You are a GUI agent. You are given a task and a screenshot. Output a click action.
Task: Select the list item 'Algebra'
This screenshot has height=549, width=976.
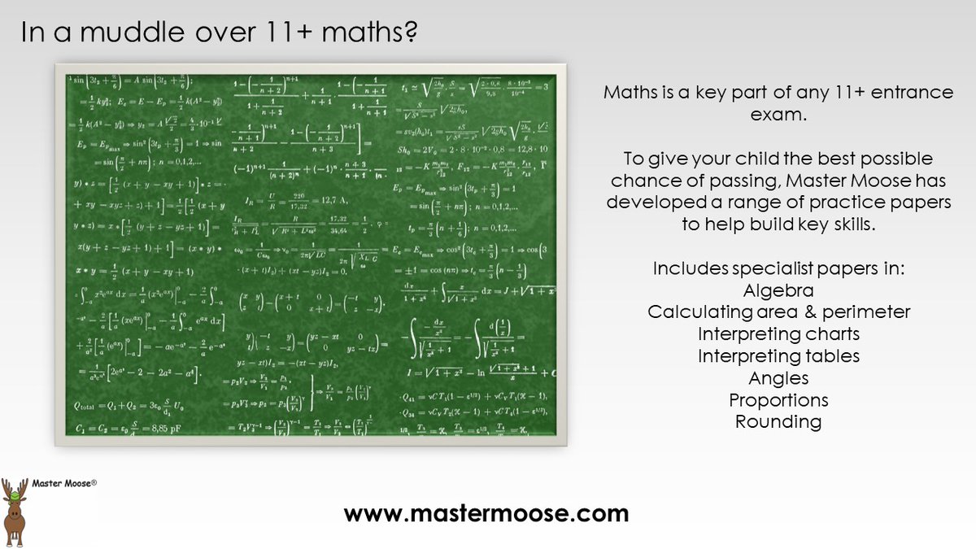[x=778, y=290]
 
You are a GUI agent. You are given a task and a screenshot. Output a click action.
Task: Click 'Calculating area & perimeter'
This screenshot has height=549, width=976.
[x=778, y=312]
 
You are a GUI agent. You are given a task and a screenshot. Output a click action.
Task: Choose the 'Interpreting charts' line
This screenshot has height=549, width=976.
[x=778, y=334]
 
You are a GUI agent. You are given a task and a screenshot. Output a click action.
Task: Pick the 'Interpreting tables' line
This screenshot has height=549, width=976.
[x=778, y=356]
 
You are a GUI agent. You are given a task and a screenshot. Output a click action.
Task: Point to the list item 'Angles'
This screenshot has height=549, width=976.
[x=778, y=378]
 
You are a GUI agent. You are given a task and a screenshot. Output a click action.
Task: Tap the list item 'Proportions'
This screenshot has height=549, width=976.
[x=778, y=400]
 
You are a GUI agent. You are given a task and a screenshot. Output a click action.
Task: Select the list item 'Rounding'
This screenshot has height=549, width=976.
[x=778, y=422]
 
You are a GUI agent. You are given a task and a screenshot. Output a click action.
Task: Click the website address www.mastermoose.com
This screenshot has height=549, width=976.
[x=486, y=513]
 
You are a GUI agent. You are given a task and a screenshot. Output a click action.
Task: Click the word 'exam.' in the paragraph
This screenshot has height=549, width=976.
[x=778, y=115]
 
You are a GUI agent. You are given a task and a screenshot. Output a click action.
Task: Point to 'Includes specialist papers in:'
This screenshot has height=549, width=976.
[x=778, y=268]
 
